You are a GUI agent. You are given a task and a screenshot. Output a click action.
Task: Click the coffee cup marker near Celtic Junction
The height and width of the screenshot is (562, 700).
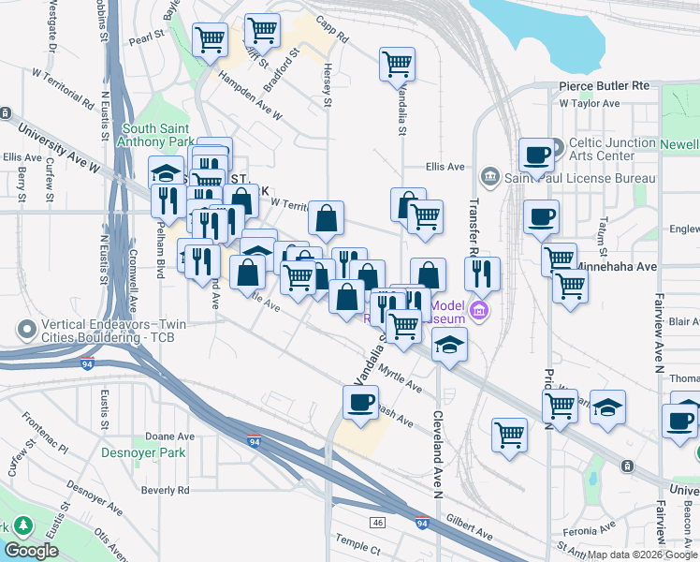click(x=537, y=155)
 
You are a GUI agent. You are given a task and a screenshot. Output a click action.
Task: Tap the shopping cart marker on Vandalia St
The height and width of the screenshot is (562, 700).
click(x=397, y=65)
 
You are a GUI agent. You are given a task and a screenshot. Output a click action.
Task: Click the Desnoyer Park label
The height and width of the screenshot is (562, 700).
click(x=143, y=453)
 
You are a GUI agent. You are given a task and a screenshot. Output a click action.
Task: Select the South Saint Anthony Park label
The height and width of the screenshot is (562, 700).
click(x=157, y=135)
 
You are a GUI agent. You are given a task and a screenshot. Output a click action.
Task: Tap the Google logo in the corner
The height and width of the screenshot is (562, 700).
click(x=31, y=551)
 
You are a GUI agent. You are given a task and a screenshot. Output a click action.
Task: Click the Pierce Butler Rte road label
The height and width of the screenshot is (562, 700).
click(x=604, y=85)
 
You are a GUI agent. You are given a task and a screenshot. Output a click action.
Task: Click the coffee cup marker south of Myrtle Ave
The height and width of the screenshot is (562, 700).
click(x=360, y=403)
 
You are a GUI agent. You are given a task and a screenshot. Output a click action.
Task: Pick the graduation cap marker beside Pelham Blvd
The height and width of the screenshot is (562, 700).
click(x=166, y=172)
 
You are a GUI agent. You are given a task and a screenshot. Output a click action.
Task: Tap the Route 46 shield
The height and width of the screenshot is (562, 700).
click(x=377, y=522)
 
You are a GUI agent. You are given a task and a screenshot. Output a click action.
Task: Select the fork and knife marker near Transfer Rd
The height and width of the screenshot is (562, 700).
click(x=481, y=274)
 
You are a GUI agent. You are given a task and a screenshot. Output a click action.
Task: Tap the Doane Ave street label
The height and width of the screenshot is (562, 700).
click(x=169, y=436)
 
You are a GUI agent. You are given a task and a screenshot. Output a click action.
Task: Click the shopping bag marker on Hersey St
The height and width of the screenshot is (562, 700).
click(x=326, y=218)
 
